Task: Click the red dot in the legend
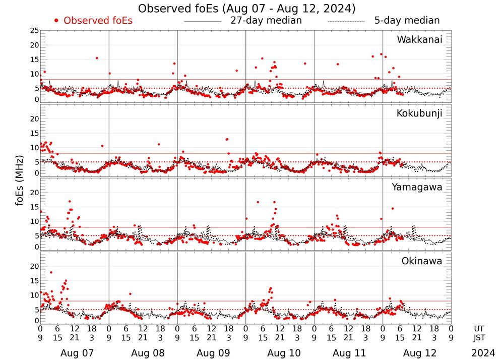pyautogui.click(x=56, y=21)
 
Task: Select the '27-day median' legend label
pyautogui.click(x=266, y=21)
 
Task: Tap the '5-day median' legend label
pyautogui.click(x=407, y=21)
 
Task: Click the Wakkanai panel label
pyautogui.click(x=419, y=39)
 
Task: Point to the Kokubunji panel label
pyautogui.click(x=419, y=113)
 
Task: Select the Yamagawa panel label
pyautogui.click(x=417, y=187)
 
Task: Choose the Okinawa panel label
pyautogui.click(x=422, y=261)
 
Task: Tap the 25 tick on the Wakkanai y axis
pyautogui.click(x=34, y=31)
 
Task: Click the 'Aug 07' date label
pyautogui.click(x=75, y=353)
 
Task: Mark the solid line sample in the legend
pyautogui.click(x=203, y=22)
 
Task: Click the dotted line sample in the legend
pyautogui.click(x=346, y=22)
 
